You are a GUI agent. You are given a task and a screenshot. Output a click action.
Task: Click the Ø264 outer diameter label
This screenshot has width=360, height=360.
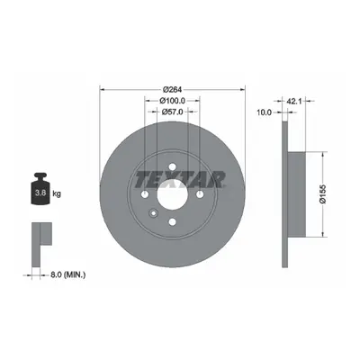click(x=173, y=89)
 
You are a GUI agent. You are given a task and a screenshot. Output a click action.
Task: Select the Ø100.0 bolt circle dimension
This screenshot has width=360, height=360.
click(x=173, y=101)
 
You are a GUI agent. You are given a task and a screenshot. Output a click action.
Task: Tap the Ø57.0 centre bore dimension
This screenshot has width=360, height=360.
click(x=172, y=112)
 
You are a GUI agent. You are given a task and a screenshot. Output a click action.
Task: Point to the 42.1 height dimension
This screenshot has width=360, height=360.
click(x=294, y=101)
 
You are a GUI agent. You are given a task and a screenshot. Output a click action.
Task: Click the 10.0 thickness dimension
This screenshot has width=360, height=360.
click(x=264, y=112)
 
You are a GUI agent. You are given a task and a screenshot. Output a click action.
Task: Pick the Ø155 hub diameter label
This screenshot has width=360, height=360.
click(x=323, y=194)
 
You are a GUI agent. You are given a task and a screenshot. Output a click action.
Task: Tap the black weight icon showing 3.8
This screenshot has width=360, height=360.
click(x=40, y=189)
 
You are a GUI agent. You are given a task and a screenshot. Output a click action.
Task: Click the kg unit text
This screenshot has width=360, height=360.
click(x=57, y=193)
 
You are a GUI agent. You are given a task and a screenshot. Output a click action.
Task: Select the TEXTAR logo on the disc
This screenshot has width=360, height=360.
click(x=180, y=179)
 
